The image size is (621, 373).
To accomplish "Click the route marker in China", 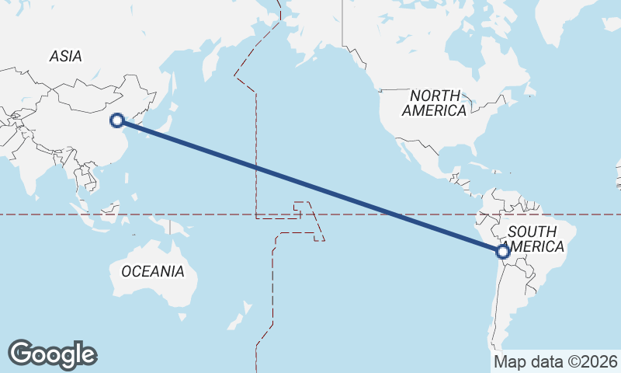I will click(x=117, y=120).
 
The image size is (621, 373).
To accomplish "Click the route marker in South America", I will click(x=502, y=251).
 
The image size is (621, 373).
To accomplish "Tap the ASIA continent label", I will click(x=65, y=56).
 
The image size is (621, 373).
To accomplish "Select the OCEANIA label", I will click(x=153, y=271).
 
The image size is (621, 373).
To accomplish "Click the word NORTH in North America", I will click(x=435, y=96).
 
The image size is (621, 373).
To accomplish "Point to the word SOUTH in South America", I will click(x=532, y=232).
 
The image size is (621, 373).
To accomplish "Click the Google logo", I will click(x=52, y=354).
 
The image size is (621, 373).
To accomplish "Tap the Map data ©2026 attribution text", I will click(x=556, y=361).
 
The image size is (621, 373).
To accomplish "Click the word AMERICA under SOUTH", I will click(x=532, y=246).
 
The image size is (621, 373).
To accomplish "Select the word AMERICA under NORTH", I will click(x=435, y=110).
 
